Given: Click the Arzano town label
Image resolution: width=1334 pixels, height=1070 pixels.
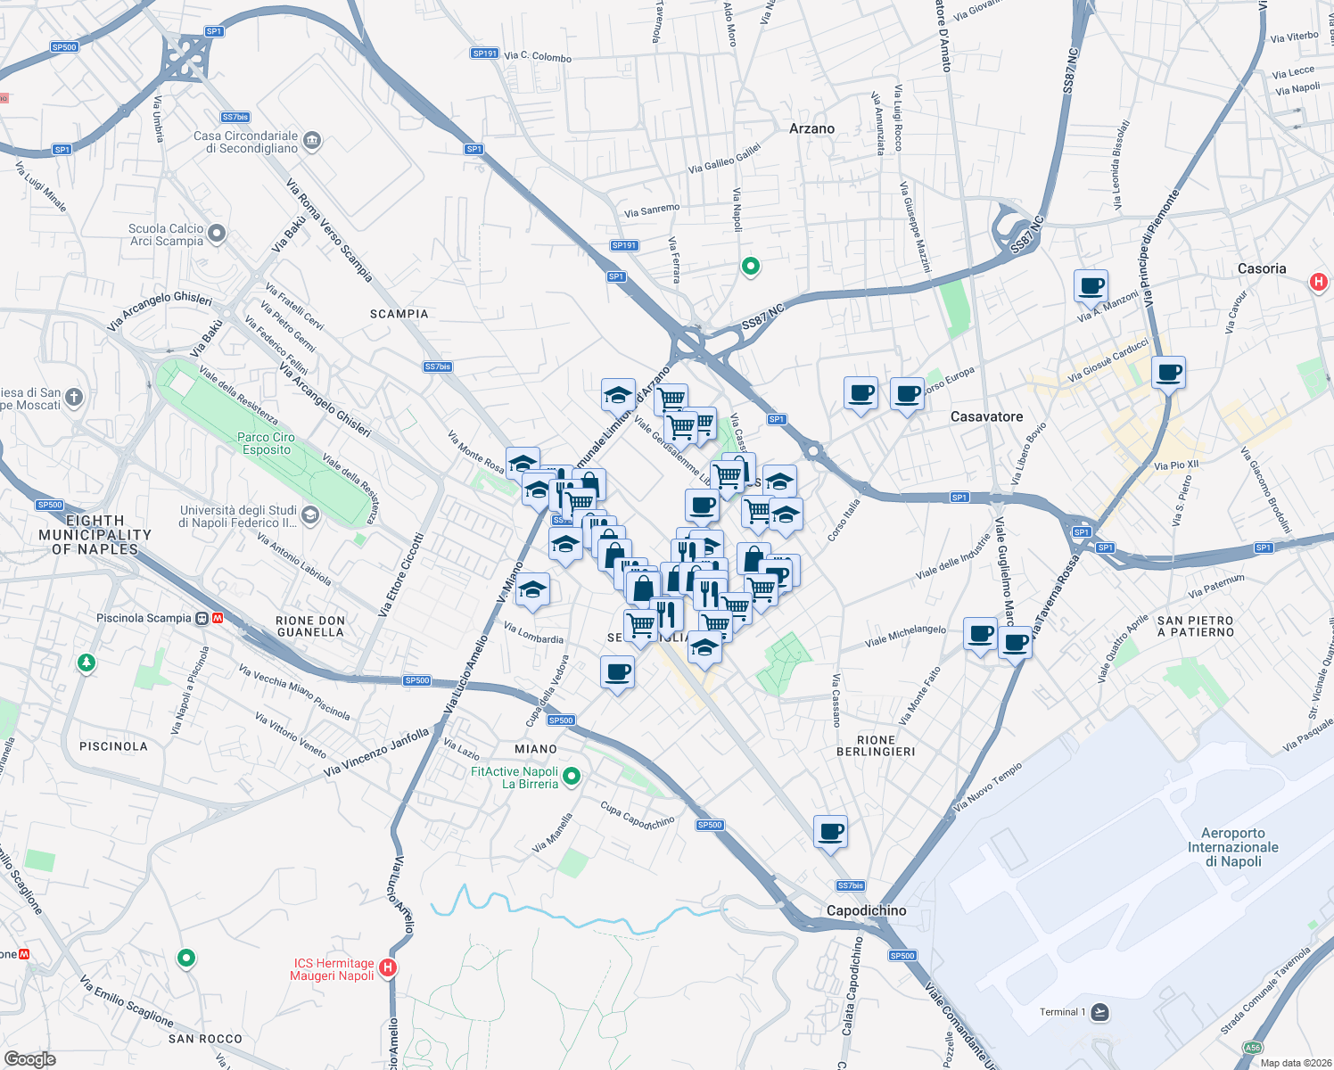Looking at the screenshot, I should point(811,128).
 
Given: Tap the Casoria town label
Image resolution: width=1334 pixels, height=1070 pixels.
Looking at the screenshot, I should point(1262,268).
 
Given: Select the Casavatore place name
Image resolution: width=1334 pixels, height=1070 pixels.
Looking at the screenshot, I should point(986,416).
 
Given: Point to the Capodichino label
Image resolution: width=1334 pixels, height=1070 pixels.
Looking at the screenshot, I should point(866,910).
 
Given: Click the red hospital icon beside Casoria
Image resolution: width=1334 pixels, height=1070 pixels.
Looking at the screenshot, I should point(1319,283).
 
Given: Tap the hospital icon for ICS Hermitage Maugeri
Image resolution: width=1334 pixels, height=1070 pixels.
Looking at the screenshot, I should point(387,967).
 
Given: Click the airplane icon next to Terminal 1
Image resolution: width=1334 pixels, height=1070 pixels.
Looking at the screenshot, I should point(1099,1012).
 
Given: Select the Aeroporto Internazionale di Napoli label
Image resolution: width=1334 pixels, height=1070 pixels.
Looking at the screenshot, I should point(1233,847).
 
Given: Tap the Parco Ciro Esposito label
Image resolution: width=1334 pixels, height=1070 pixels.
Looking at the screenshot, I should point(266,443).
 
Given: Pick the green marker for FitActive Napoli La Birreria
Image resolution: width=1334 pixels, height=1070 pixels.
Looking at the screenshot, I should point(572,777).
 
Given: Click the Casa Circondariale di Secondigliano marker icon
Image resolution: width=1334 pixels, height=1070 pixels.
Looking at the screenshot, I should point(312,141).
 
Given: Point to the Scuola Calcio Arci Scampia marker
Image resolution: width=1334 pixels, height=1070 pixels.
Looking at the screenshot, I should point(216,235).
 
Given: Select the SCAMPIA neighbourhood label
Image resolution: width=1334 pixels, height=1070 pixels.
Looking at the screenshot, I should point(399,314).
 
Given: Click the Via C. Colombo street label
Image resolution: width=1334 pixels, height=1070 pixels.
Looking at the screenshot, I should point(538,56).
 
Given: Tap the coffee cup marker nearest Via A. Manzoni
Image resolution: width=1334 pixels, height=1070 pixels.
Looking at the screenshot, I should point(1091,287).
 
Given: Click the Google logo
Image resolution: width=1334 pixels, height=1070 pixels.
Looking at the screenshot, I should point(30,1059).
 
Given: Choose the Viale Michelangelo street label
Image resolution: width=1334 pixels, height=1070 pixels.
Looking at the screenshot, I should point(905,636).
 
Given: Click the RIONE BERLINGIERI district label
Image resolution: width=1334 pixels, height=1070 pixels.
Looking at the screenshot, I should point(876,745).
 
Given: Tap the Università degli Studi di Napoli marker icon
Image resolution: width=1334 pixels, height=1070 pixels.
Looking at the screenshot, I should point(310,515).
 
